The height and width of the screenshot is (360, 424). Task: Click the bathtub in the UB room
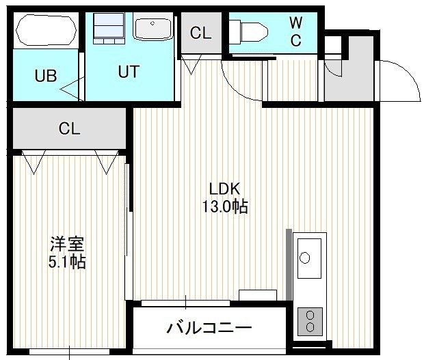click(46, 30)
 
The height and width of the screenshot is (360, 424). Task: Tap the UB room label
click(46, 76)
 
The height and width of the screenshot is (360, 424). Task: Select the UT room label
click(129, 72)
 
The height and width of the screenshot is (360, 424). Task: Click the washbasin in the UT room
click(153, 29)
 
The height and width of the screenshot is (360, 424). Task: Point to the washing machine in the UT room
click(109, 29)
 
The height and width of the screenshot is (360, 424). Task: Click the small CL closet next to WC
click(201, 33)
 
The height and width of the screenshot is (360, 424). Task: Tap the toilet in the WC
click(249, 32)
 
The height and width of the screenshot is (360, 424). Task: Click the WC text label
click(296, 31)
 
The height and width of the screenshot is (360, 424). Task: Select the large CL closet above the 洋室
click(69, 128)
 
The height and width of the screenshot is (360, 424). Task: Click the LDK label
click(225, 189)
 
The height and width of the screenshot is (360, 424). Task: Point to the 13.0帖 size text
click(225, 206)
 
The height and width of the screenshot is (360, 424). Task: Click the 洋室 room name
click(67, 244)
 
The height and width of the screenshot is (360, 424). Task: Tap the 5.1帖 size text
click(67, 262)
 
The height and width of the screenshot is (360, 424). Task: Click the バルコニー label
click(209, 328)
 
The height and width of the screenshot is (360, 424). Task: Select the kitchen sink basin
click(309, 258)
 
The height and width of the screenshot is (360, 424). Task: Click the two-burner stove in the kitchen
click(310, 321)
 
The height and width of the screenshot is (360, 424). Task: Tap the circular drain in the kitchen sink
click(304, 258)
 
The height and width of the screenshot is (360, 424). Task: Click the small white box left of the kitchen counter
click(258, 295)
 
